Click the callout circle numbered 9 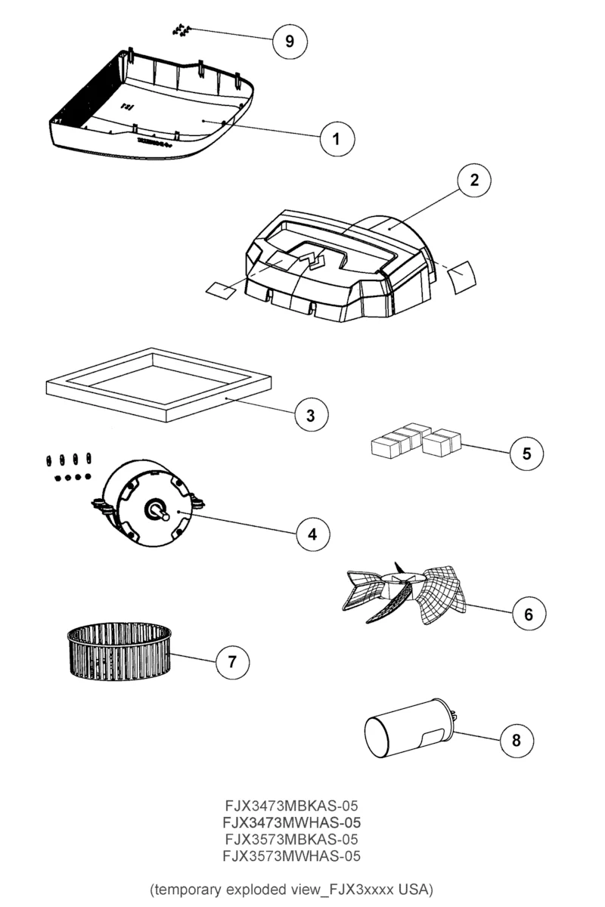tap(289, 41)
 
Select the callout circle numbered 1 tap(337, 138)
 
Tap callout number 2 tap(474, 180)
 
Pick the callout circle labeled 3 tap(311, 414)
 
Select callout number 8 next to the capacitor tap(517, 740)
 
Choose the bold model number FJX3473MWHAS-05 tap(291, 822)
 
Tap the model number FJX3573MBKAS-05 tap(291, 839)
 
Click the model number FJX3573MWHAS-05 tap(291, 856)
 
